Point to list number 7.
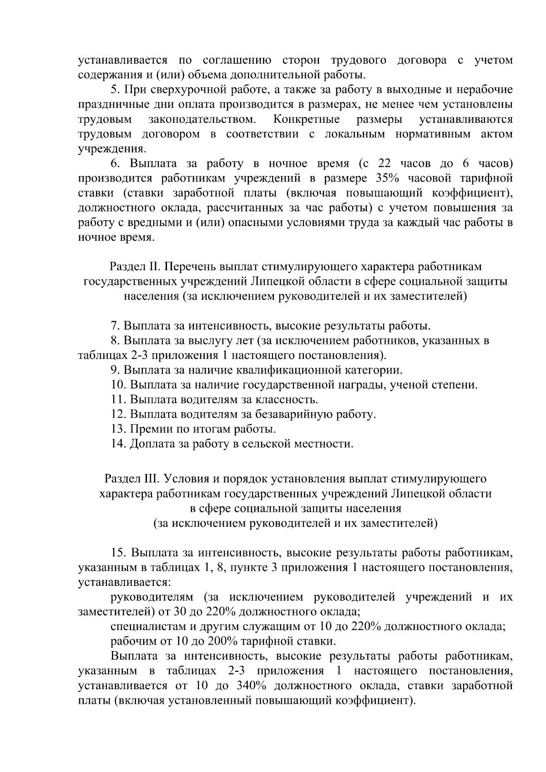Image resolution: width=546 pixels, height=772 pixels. click(x=115, y=326)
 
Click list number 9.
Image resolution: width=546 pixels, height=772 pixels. click(x=115, y=370)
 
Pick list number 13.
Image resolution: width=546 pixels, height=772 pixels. click(x=117, y=429)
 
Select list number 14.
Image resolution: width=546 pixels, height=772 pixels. click(x=117, y=444)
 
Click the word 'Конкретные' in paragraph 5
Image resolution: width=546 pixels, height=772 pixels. click(x=307, y=120)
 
